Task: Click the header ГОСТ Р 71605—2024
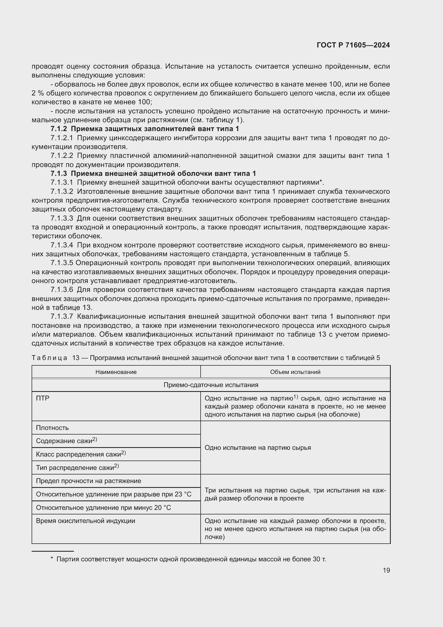pos(353,45)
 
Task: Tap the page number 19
pos(386,570)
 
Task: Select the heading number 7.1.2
pos(59,129)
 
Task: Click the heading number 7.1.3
pos(59,174)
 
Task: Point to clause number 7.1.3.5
pos(62,263)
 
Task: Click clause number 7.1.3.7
pos(62,317)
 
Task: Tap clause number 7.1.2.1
pos(62,138)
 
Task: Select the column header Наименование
pos(116,372)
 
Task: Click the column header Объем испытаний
pos(295,372)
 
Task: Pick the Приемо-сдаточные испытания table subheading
pos(211,385)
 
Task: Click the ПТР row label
pos(43,398)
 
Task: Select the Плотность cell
pos(52,428)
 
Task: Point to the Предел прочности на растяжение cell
pos(88,481)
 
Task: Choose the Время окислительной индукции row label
pos(85,521)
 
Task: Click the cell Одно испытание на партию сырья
pos(257,448)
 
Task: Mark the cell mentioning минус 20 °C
pos(103,508)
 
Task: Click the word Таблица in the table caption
pos(49,358)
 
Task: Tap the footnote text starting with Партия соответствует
pos(191,559)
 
